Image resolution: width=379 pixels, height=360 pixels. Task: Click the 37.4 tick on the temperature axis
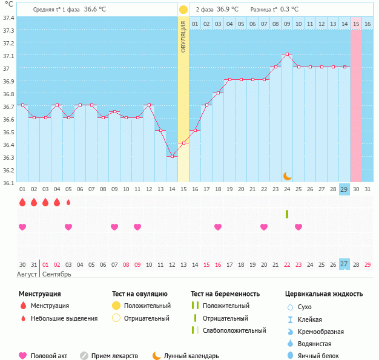[x=8, y=18]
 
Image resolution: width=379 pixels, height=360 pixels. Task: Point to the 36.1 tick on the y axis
[x=8, y=182]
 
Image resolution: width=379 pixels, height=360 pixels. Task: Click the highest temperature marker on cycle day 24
[x=287, y=54]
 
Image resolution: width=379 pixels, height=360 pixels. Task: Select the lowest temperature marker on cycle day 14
[x=172, y=156]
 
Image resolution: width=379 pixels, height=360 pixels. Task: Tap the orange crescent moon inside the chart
[x=288, y=175]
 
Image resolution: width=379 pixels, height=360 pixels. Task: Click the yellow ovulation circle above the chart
[x=183, y=10]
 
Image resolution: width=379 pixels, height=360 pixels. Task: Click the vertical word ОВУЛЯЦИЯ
[x=183, y=36]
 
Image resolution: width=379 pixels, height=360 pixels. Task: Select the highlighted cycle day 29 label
[x=344, y=189]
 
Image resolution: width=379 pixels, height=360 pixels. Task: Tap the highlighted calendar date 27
[x=344, y=264]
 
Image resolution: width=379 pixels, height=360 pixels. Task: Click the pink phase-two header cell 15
[x=356, y=24]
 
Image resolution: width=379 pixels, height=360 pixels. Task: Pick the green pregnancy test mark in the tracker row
[x=287, y=214]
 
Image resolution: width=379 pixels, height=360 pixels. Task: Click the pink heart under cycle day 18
[x=218, y=227]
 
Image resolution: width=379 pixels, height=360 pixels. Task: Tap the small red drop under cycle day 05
[x=68, y=202]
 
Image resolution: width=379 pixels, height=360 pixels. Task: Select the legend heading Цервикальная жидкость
[x=324, y=293]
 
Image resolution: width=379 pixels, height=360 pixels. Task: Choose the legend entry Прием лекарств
[x=114, y=356]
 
